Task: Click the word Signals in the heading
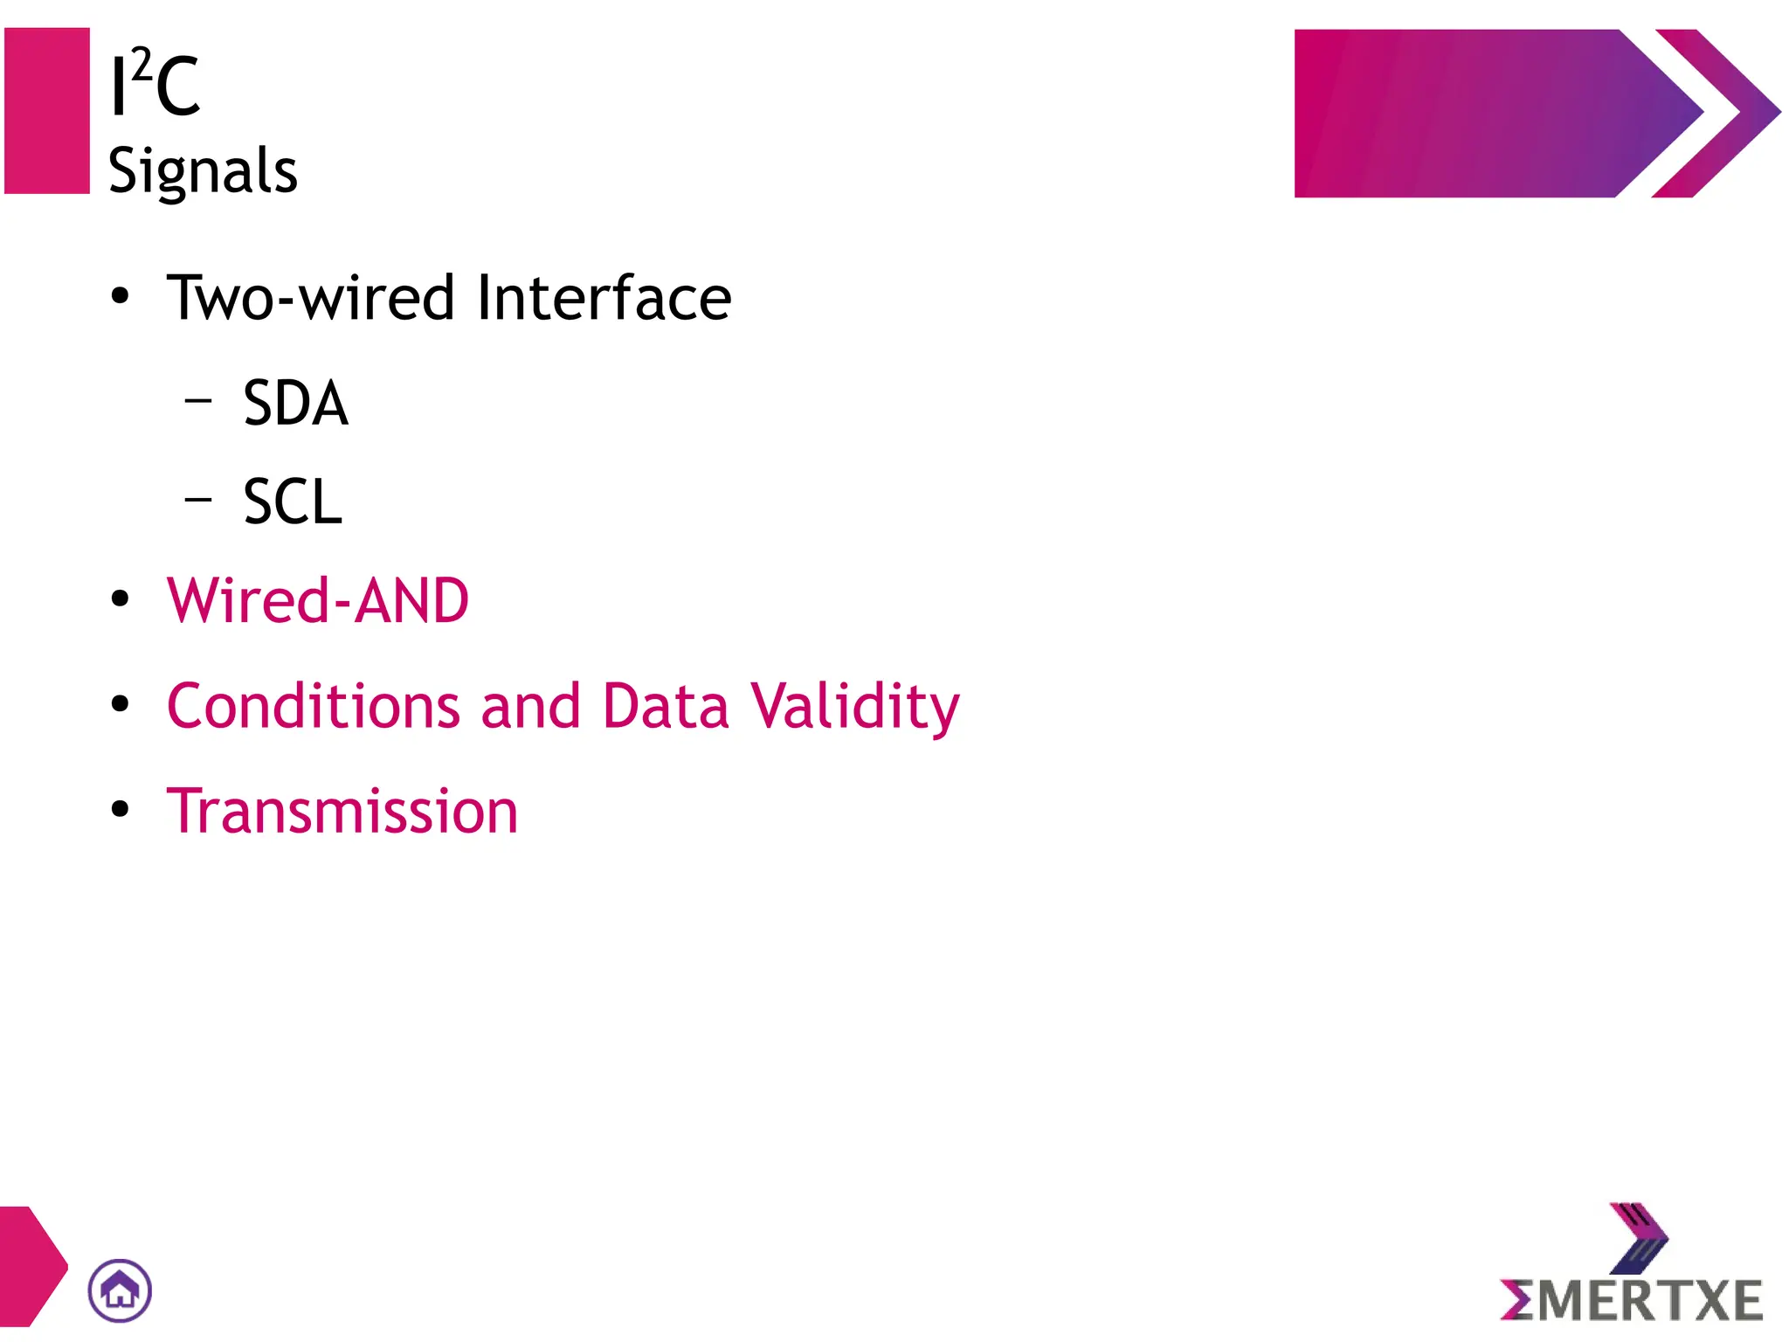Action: (203, 170)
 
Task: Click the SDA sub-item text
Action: (295, 404)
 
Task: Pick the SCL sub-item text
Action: (293, 502)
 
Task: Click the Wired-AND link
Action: (318, 601)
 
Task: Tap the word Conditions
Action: (313, 706)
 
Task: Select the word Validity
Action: (854, 706)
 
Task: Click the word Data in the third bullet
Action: (665, 706)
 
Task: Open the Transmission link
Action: (342, 812)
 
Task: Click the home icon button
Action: (120, 1290)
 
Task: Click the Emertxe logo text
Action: (1632, 1301)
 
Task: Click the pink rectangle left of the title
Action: (47, 111)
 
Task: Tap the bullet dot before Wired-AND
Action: (120, 599)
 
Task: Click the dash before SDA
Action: (199, 401)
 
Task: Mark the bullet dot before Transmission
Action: (120, 809)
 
